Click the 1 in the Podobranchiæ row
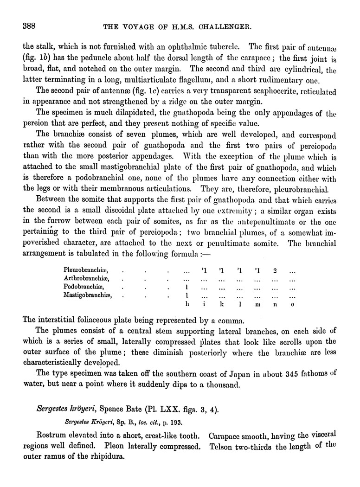point(186,287)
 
